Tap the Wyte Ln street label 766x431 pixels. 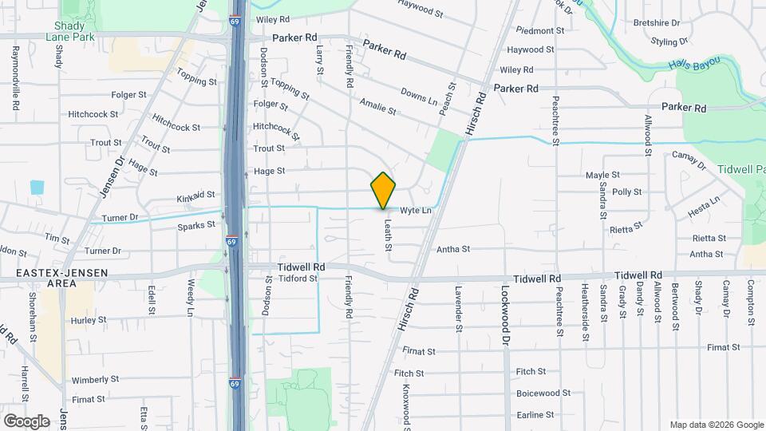(415, 211)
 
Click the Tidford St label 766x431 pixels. (298, 279)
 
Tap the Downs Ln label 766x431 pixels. (419, 97)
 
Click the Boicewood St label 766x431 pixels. (543, 393)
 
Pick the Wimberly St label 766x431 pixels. (95, 380)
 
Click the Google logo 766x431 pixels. (26, 421)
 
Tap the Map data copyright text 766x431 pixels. (716, 425)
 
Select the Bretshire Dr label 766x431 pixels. (656, 23)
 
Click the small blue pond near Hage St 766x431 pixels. (37, 188)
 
